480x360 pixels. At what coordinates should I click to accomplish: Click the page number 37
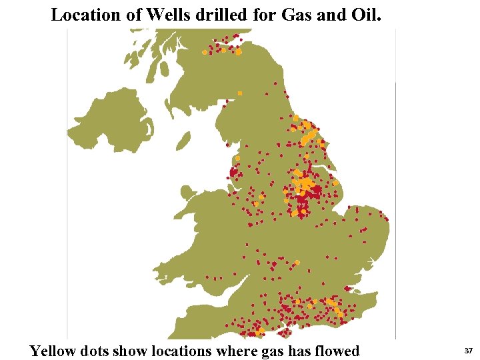point(468,351)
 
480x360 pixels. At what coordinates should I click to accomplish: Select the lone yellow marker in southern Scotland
point(240,93)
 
